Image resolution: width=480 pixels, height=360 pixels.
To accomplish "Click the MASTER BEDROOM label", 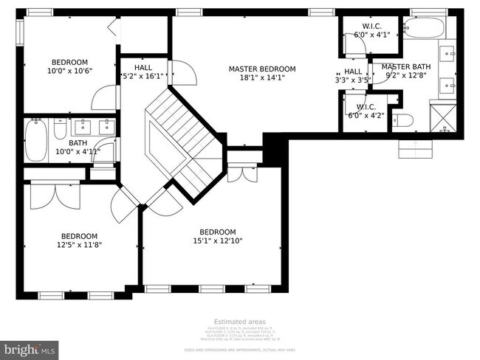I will coord(261,69).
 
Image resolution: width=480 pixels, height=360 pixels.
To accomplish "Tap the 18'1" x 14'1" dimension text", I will coord(261,77).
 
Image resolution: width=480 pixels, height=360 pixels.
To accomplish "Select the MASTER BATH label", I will coord(405,66).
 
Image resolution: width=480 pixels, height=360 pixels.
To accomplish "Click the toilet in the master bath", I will coord(403,120).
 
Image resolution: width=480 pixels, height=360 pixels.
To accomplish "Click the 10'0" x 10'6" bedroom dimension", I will coord(69,72).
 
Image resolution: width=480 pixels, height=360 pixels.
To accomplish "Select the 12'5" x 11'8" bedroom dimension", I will coord(79,245).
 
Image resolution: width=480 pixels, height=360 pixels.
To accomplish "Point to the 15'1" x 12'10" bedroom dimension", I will coord(218,240).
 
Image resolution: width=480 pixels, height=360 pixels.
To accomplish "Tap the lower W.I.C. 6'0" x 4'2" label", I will coord(367,110).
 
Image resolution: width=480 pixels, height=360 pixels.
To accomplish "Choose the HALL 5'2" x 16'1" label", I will coord(143,72).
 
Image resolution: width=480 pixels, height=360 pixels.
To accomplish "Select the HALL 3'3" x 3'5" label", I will coord(352,76).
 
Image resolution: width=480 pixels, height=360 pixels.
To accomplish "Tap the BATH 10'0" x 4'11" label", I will coord(78,148).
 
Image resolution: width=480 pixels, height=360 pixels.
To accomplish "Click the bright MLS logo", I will coord(30,347).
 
